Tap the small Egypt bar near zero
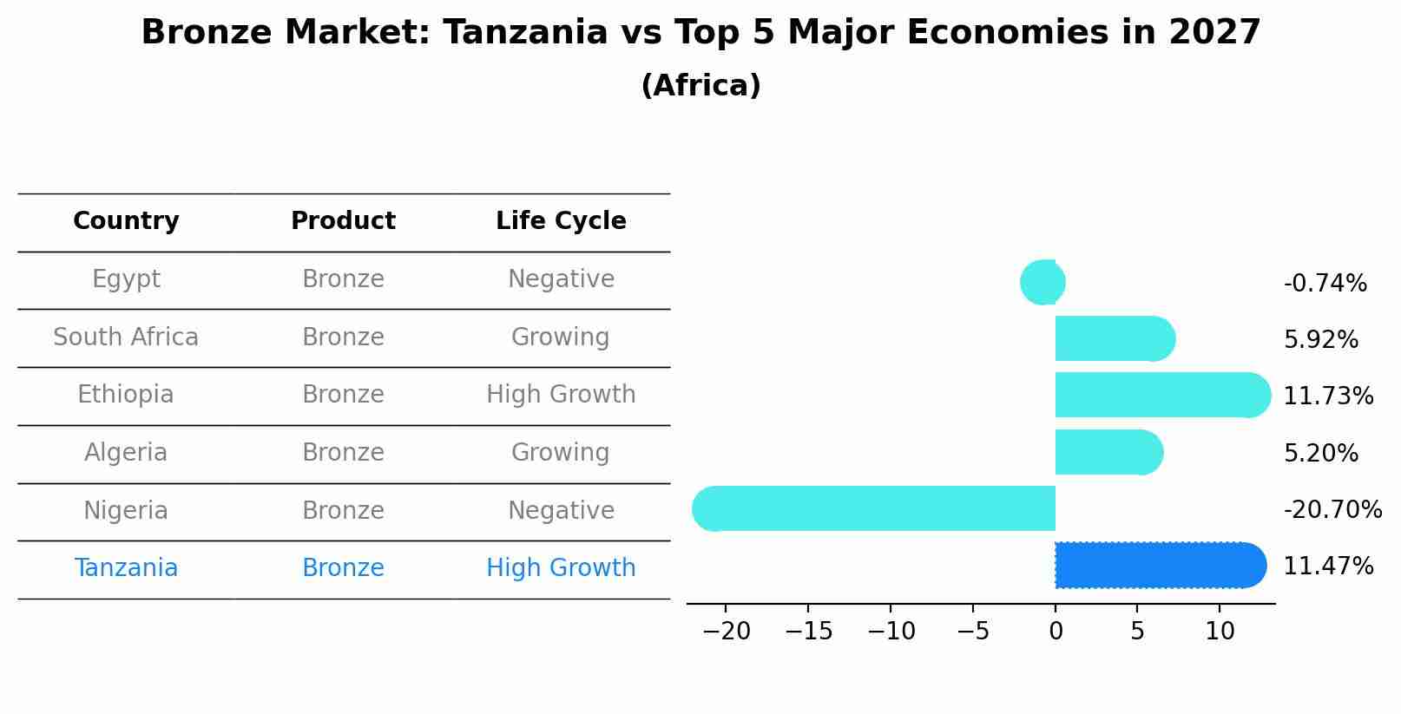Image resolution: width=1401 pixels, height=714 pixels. coord(1043,282)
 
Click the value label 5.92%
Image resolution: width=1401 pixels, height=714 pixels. coord(1320,340)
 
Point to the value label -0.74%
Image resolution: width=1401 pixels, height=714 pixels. coord(1325,284)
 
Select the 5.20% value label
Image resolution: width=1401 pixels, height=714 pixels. coord(1320,454)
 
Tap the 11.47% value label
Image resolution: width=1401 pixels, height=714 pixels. coord(1328,567)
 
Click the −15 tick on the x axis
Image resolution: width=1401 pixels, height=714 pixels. coord(808,632)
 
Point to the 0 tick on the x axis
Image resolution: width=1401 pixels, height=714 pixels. coord(1056,632)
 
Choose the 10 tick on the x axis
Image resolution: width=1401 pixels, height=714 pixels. coord(1220,632)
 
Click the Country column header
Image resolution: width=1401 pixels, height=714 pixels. coord(126,221)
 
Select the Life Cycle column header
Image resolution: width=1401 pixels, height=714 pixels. coord(561,221)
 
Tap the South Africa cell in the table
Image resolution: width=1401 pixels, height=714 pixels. coord(126,337)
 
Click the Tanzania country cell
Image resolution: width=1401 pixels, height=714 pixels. coord(126,568)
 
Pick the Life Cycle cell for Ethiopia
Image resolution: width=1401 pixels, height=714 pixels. coord(561,395)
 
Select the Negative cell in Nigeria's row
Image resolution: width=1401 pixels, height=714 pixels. coord(561,511)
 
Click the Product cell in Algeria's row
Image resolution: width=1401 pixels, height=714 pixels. coord(343,453)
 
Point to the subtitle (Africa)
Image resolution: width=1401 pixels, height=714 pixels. coord(700,86)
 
